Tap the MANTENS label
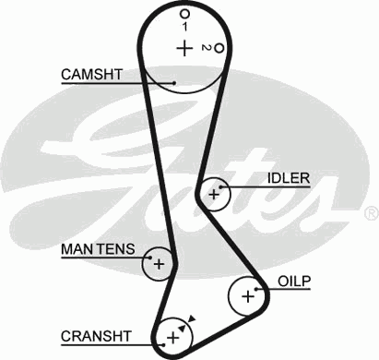(97, 250)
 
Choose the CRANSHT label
(96, 335)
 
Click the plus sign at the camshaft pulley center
(184, 49)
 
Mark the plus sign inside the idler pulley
(215, 194)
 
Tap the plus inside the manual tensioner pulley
(159, 264)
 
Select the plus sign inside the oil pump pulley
(246, 296)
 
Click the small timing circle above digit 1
(184, 13)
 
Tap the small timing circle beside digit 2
(219, 49)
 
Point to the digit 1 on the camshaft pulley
(184, 27)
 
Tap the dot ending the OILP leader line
(263, 290)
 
